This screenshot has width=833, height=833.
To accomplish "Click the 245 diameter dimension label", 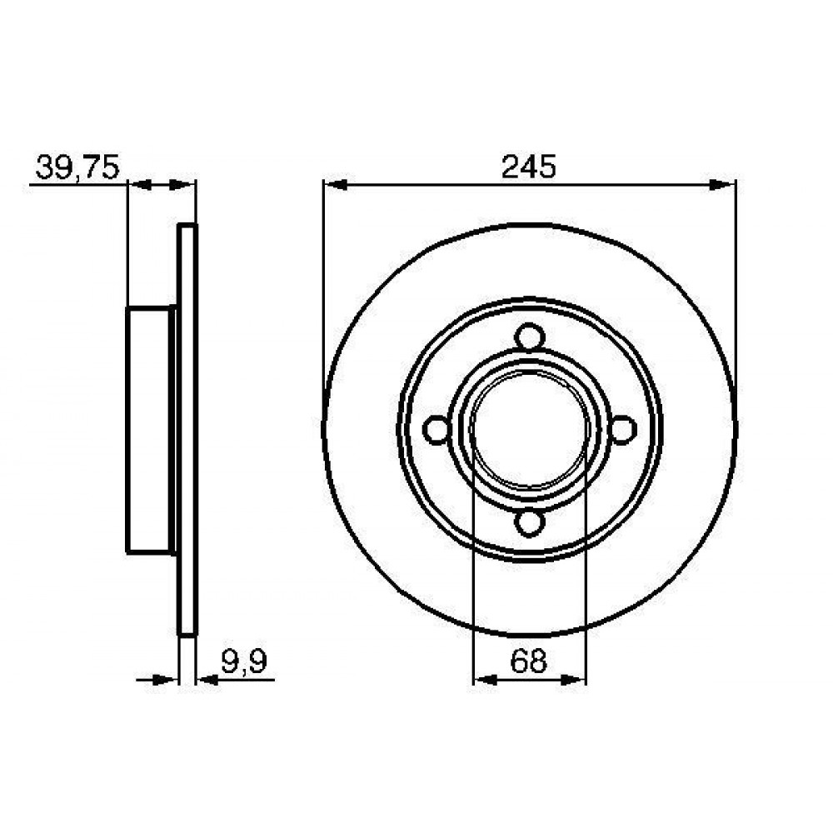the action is tap(529, 167).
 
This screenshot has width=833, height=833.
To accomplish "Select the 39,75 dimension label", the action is tap(77, 168).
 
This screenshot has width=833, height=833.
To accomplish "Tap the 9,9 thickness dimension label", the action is tap(244, 662).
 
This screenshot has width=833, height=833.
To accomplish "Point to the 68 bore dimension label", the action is tap(529, 661).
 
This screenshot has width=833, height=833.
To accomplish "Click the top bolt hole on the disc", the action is tap(530, 338).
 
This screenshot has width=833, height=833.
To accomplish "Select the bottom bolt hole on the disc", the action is tap(530, 521).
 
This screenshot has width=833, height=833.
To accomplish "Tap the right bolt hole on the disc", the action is tap(622, 429).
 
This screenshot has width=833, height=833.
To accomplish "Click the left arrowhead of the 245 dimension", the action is tap(336, 185).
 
